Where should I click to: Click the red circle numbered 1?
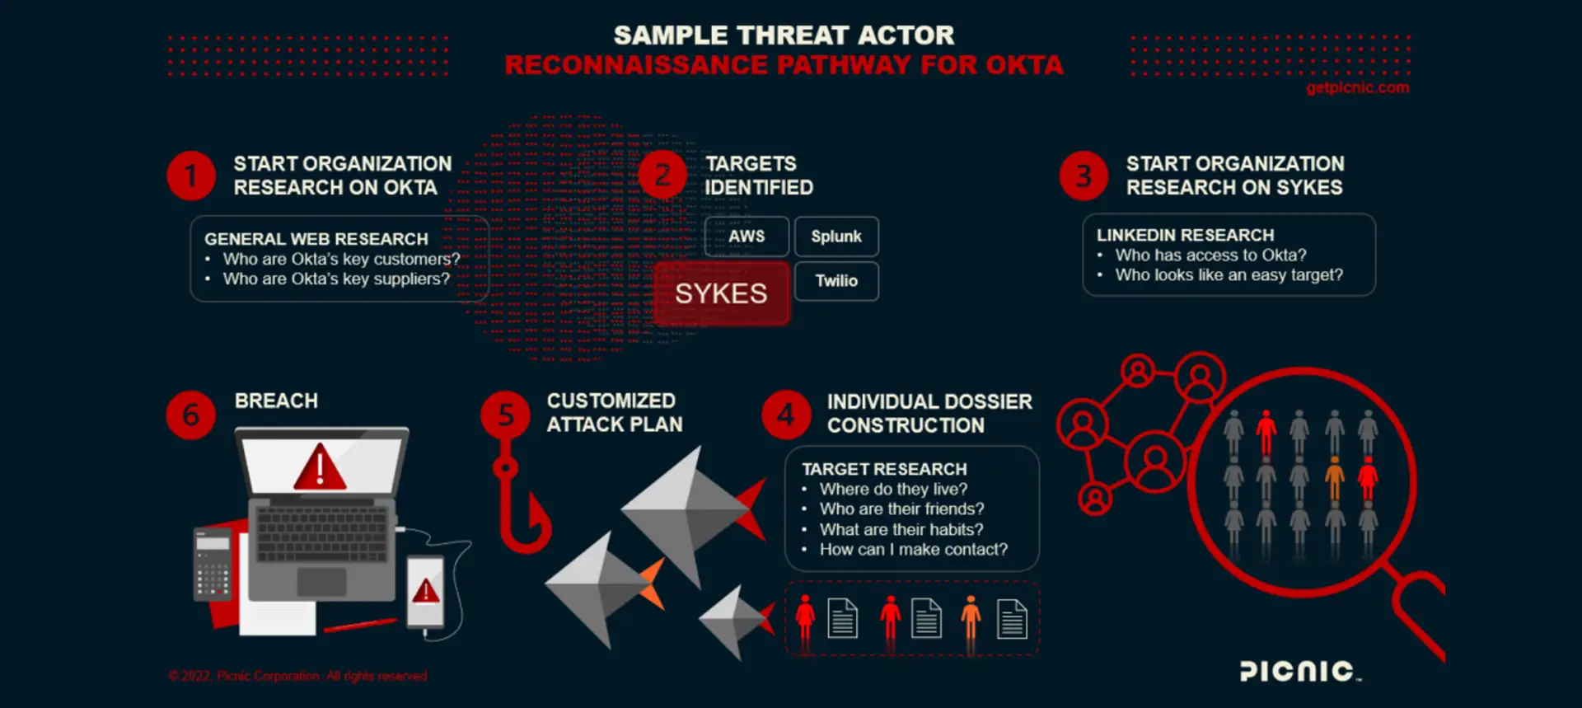click(x=190, y=176)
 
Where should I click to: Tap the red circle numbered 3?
click(x=1084, y=176)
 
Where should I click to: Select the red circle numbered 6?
click(x=190, y=414)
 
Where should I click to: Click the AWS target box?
click(x=747, y=237)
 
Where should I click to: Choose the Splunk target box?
click(x=836, y=237)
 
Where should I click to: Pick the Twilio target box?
click(x=836, y=281)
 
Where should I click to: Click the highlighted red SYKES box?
click(x=721, y=293)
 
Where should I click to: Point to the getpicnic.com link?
click(x=1357, y=87)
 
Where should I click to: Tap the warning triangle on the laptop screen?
click(x=320, y=467)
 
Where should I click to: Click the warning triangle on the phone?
click(x=425, y=590)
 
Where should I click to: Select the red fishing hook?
click(x=519, y=503)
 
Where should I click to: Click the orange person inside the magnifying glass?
click(x=1334, y=478)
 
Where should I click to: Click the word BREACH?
click(x=276, y=401)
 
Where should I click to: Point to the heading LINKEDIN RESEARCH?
click(x=1185, y=236)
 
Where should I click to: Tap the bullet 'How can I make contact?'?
click(x=913, y=550)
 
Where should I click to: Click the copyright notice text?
click(x=298, y=676)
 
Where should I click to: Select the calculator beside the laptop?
click(x=212, y=565)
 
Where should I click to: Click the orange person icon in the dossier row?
click(x=971, y=618)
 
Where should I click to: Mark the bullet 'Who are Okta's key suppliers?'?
click(x=336, y=279)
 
